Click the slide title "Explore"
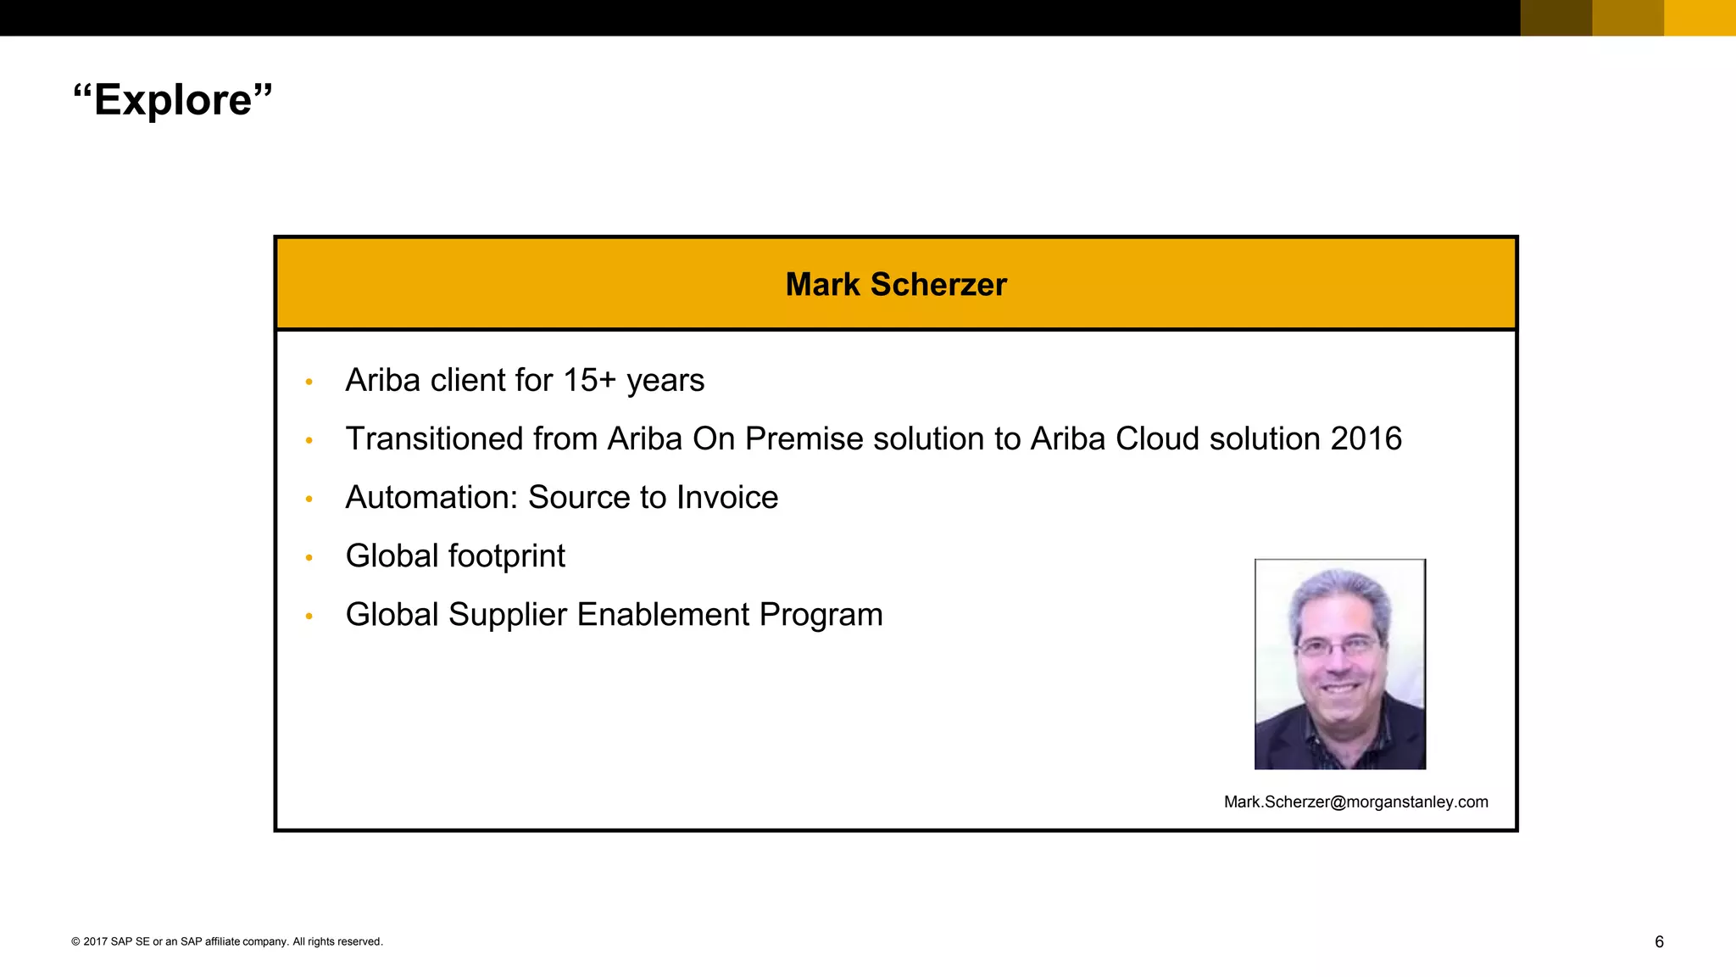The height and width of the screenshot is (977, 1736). (173, 100)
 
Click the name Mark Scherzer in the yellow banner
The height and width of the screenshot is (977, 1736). (896, 284)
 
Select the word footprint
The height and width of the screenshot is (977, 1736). (506, 555)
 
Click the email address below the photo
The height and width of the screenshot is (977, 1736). (1355, 801)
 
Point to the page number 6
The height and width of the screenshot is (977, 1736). (1659, 941)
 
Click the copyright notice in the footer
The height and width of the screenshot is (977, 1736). (227, 941)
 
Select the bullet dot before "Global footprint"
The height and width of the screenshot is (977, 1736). (309, 557)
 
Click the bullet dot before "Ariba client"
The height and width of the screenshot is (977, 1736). (309, 382)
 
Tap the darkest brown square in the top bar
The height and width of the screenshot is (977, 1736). (1555, 17)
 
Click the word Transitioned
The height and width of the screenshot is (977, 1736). (434, 438)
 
